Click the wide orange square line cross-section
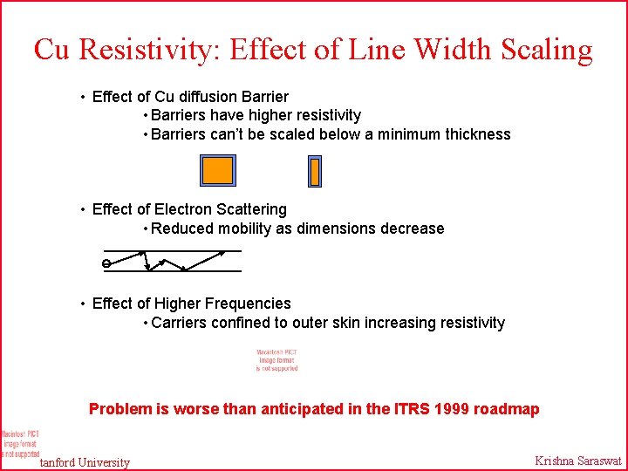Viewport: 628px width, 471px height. click(x=218, y=170)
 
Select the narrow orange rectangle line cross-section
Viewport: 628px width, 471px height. click(x=315, y=171)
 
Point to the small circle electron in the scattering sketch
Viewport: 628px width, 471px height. click(x=106, y=263)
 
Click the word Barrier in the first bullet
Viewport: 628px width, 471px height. click(x=263, y=96)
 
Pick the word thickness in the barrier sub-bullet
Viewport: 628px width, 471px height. click(x=476, y=134)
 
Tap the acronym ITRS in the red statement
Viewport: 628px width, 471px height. click(x=411, y=409)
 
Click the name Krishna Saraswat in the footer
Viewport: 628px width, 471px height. click(x=578, y=461)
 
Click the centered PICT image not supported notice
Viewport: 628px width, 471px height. click(x=276, y=360)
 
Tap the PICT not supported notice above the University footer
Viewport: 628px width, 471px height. click(x=19, y=443)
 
